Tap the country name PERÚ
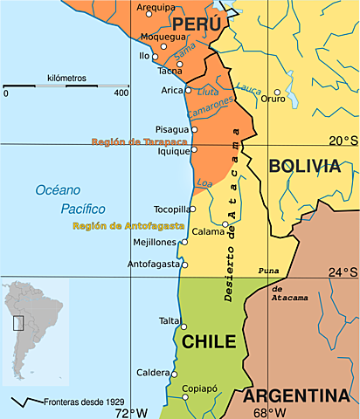(x=195, y=24)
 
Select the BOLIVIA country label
(x=304, y=167)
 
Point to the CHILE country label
(x=210, y=341)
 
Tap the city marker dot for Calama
(x=225, y=223)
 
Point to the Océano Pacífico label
(x=70, y=200)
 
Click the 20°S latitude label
(x=343, y=141)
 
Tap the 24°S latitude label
(x=343, y=271)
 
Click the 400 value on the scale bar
(x=121, y=93)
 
